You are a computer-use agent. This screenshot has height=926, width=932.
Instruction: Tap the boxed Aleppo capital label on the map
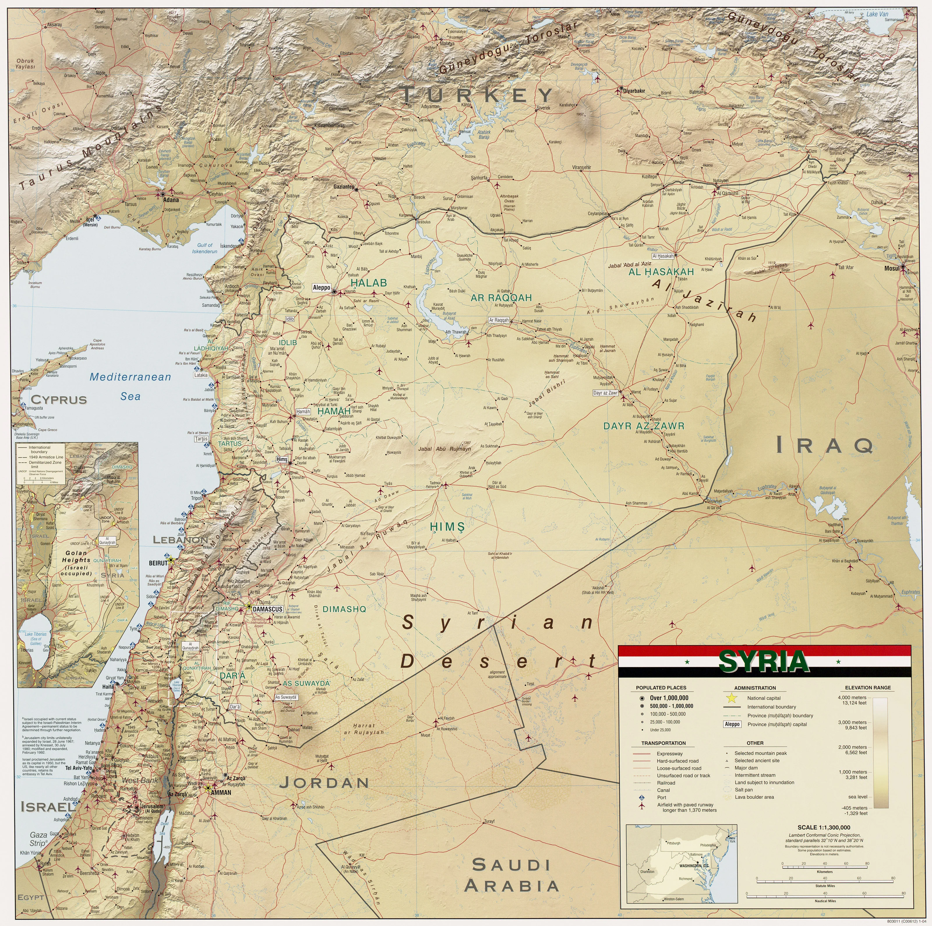(321, 288)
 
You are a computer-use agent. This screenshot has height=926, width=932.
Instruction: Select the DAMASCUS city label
(267, 609)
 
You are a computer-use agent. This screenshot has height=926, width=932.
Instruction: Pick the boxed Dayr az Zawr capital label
(606, 393)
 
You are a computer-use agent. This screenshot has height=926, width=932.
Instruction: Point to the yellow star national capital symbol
(732, 698)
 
